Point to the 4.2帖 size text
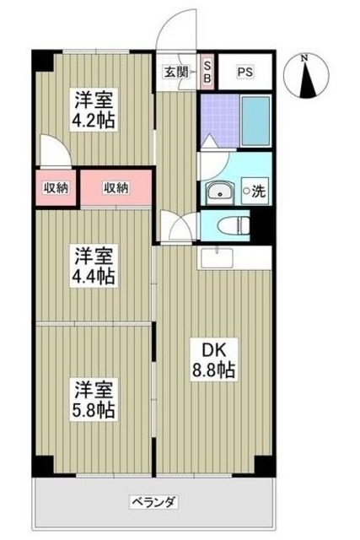pyautogui.click(x=93, y=119)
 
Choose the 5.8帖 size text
pyautogui.click(x=93, y=411)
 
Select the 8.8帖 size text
pyautogui.click(x=212, y=370)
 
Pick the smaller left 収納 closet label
pyautogui.click(x=57, y=187)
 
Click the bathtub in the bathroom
pyautogui.click(x=254, y=123)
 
